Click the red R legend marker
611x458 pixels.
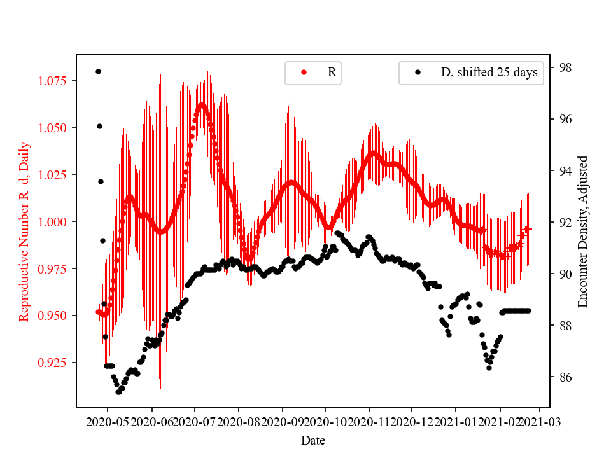tap(304, 73)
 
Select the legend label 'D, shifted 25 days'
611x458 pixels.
tap(489, 73)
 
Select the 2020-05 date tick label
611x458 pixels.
tap(108, 422)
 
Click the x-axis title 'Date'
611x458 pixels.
tap(313, 440)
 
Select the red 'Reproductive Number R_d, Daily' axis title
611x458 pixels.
tap(24, 232)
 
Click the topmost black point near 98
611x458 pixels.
tap(98, 71)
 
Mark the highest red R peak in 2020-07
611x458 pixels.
tap(202, 104)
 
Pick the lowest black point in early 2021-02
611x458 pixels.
tap(489, 368)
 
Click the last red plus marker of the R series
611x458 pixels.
tap(528, 228)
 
